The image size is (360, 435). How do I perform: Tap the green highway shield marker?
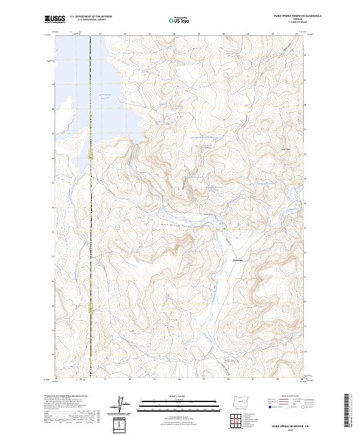tap(224, 227)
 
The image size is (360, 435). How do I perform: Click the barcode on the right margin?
tap(346, 408)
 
